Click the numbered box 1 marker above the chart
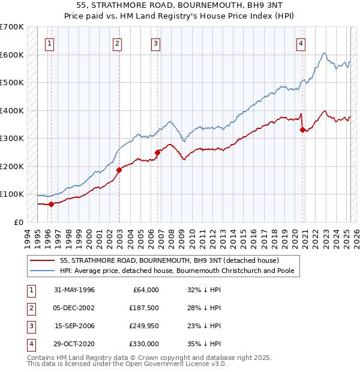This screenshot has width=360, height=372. [x=49, y=43]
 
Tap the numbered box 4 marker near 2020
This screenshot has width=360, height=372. [x=300, y=43]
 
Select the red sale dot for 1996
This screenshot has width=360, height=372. [x=52, y=204]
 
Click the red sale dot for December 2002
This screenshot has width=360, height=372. [x=119, y=170]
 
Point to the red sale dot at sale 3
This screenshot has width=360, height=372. [x=157, y=152]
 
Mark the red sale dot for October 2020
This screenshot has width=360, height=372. [x=302, y=130]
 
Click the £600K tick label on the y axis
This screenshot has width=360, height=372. [x=12, y=55]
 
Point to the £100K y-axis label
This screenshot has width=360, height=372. [x=12, y=194]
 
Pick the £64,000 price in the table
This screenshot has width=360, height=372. [x=145, y=290]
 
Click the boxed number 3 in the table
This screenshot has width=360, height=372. [x=30, y=326]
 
